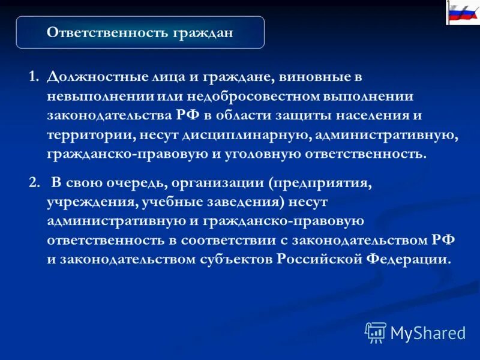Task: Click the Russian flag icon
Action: (463, 13)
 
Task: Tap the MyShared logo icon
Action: (376, 332)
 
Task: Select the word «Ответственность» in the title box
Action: (107, 32)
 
